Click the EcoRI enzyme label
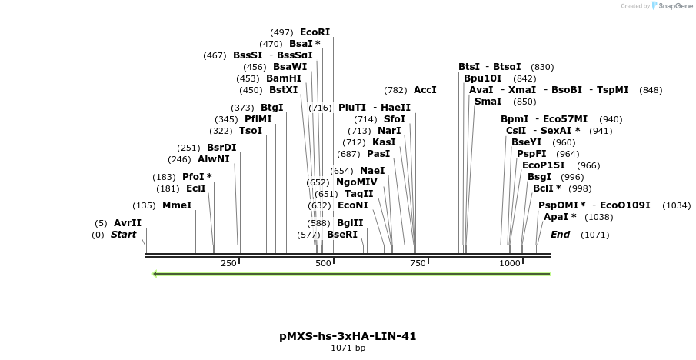[315, 32]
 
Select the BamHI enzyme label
[284, 78]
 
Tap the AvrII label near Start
[128, 223]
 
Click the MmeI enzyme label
[177, 205]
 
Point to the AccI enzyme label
[425, 90]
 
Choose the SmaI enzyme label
[488, 102]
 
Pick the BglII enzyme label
[350, 223]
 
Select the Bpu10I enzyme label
[483, 78]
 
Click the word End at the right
[561, 235]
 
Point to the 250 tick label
[228, 264]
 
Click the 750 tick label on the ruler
[418, 264]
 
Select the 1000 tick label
[510, 264]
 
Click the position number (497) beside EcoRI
[282, 32]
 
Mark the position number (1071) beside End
[595, 235]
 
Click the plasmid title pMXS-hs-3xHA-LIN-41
[348, 336]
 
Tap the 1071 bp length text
[348, 348]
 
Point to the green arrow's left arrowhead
[156, 273]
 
